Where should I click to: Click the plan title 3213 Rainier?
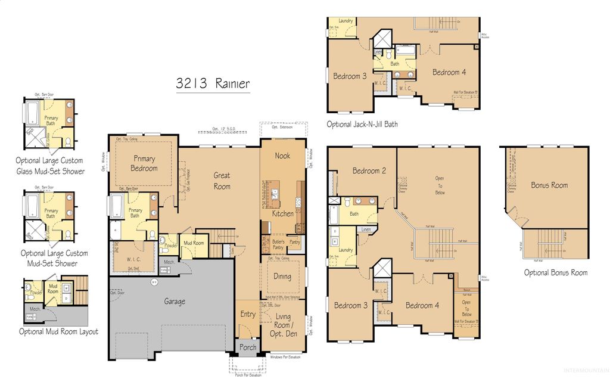[213, 84]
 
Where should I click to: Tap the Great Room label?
[222, 180]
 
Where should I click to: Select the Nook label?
[282, 156]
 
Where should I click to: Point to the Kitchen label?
[282, 213]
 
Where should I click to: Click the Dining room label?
[282, 276]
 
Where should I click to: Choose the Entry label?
[248, 314]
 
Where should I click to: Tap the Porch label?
[247, 347]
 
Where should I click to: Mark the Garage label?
[175, 302]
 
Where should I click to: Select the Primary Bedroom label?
[144, 163]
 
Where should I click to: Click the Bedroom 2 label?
[369, 171]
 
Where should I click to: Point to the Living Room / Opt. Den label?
[284, 325]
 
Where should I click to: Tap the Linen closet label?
[366, 229]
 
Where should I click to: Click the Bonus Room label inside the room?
[549, 185]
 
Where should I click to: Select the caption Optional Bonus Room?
[555, 272]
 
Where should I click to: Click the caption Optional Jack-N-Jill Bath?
[362, 125]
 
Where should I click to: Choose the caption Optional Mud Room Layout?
[58, 331]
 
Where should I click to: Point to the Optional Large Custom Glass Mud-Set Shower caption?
[49, 166]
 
